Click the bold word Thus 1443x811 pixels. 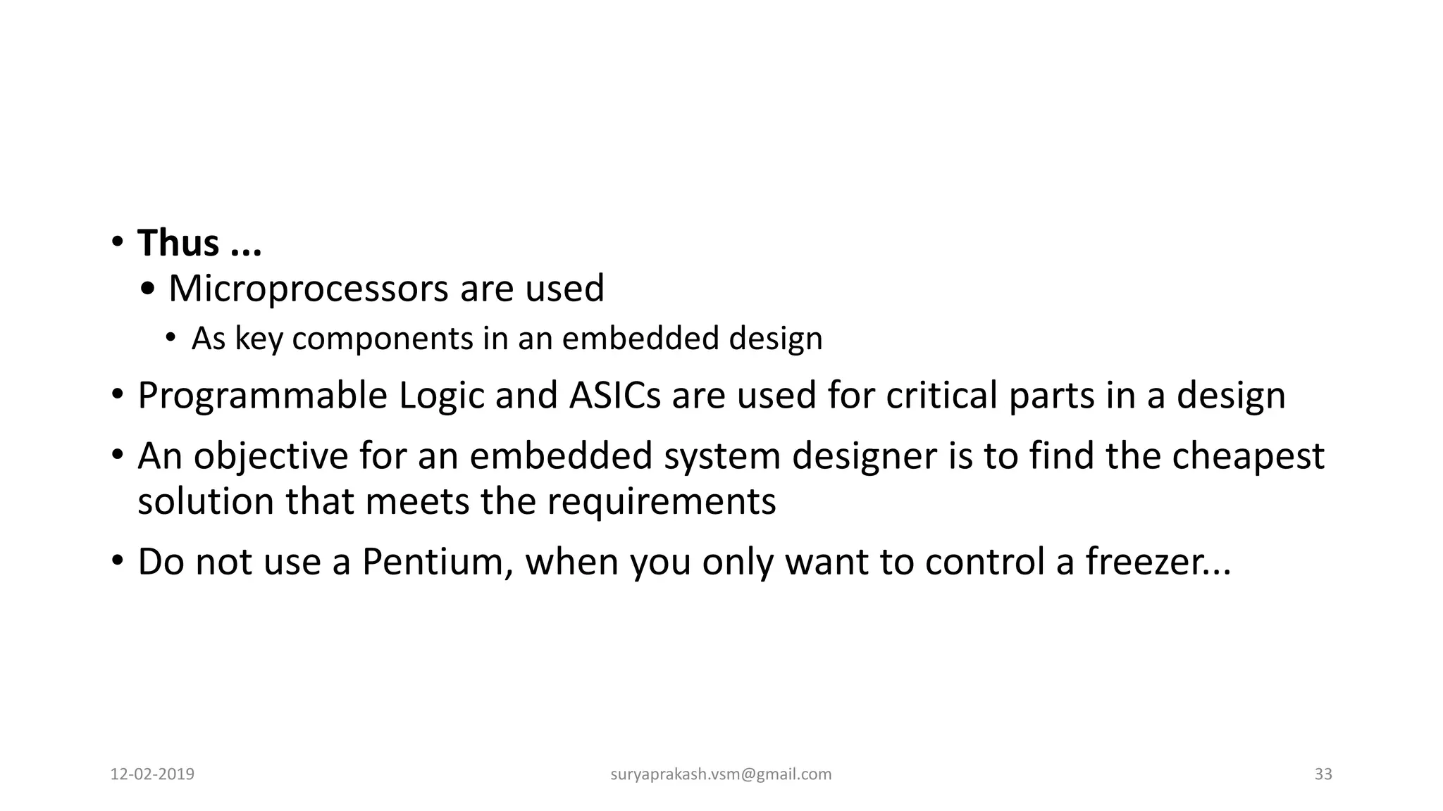click(178, 243)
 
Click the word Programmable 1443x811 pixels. click(262, 396)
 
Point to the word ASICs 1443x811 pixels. click(614, 395)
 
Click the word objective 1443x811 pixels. click(271, 456)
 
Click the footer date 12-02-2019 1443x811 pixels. click(153, 774)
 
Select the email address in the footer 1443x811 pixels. click(721, 774)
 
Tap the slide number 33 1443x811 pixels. click(1323, 774)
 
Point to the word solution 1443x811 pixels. click(206, 502)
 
